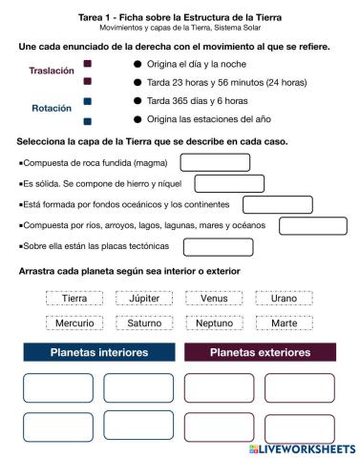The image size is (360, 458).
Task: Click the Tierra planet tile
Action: [x=74, y=298]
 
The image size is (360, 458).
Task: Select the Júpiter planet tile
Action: [x=144, y=298]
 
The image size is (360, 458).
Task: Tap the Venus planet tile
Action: [x=214, y=298]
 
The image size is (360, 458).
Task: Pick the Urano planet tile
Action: [x=285, y=298]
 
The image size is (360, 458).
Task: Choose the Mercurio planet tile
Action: [x=74, y=323]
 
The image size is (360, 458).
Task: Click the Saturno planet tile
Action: [x=144, y=323]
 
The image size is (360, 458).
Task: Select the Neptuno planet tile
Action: [x=214, y=323]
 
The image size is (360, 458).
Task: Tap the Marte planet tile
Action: [x=285, y=323]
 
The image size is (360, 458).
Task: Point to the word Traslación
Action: [x=52, y=71]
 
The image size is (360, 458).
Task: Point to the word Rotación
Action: [x=52, y=108]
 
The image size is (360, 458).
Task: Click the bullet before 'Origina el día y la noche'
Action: [x=138, y=64]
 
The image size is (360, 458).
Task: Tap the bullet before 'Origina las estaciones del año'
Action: [x=138, y=119]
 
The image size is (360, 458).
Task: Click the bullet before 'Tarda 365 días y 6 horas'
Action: [x=138, y=101]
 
